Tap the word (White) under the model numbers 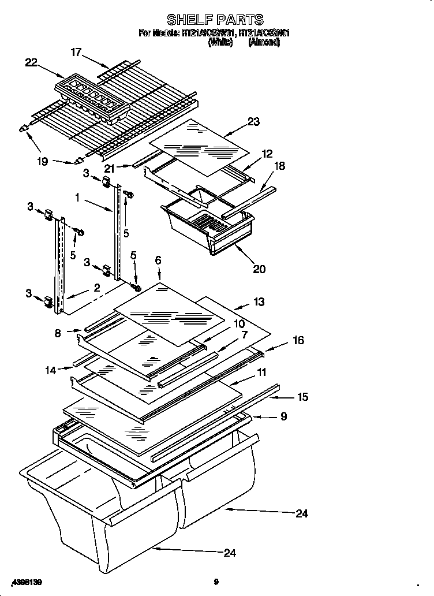pyautogui.click(x=220, y=42)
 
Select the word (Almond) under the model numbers pyautogui.click(x=264, y=42)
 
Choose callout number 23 pyautogui.click(x=253, y=122)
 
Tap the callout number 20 pyautogui.click(x=260, y=269)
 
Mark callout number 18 pyautogui.click(x=279, y=166)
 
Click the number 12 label pyautogui.click(x=267, y=154)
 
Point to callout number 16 pyautogui.click(x=298, y=341)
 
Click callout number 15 pyautogui.click(x=302, y=397)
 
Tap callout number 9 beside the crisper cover pyautogui.click(x=282, y=416)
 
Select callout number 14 pyautogui.click(x=51, y=370)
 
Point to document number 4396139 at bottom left pyautogui.click(x=27, y=582)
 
